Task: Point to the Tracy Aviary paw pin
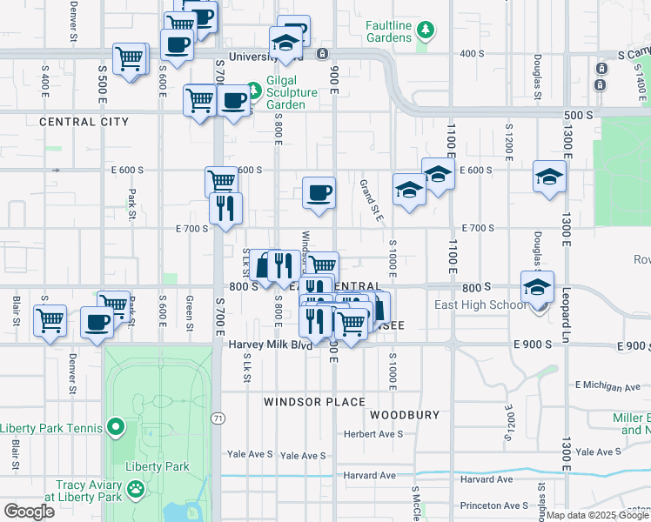point(136,491)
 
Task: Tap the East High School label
point(480,304)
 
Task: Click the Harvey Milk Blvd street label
point(270,345)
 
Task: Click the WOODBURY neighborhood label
point(405,415)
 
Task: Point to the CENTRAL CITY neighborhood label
point(84,122)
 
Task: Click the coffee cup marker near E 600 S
point(319,192)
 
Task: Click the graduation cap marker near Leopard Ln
point(550,177)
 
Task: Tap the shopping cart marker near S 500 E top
point(130,59)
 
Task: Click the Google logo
point(29,512)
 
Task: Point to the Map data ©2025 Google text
point(597,515)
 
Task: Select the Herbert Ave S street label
point(373,434)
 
